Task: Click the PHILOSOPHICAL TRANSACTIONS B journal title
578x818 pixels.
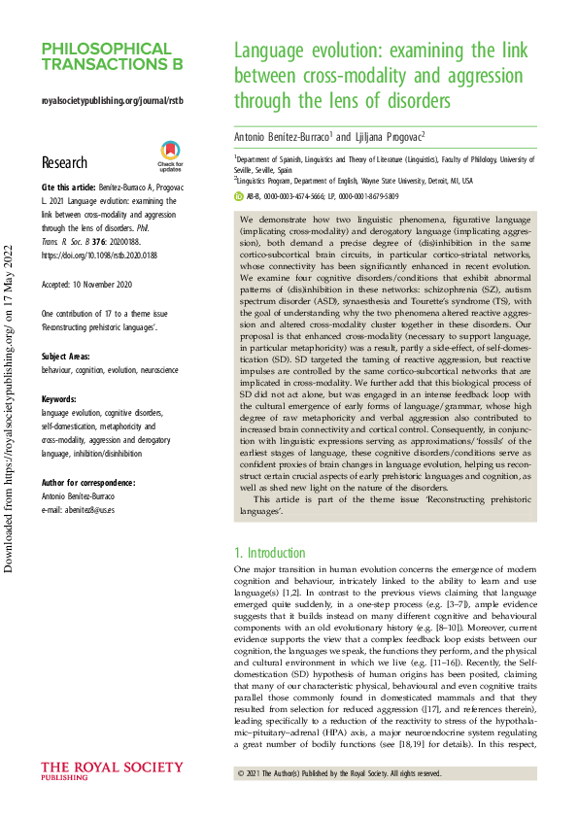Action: click(x=112, y=56)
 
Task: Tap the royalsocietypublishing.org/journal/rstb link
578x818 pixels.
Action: click(x=112, y=100)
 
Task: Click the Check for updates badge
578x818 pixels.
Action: click(x=169, y=154)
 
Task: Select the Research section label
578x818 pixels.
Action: click(x=64, y=162)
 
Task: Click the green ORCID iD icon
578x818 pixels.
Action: click(x=240, y=196)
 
